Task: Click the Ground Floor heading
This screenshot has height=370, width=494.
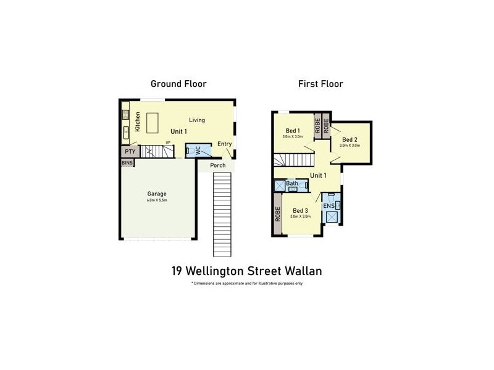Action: tap(179, 84)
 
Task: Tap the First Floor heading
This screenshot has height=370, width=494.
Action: tap(320, 84)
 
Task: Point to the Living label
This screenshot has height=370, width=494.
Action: tap(197, 120)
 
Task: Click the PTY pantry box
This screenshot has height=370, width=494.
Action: tap(130, 150)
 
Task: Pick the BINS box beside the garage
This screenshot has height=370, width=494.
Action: tap(127, 163)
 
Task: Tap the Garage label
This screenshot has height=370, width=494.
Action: tap(157, 194)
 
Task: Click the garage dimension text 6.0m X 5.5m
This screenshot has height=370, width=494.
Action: tap(157, 200)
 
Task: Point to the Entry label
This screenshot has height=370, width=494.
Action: tap(224, 144)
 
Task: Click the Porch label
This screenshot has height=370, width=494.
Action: tap(217, 165)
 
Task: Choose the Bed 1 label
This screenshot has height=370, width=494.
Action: tap(293, 131)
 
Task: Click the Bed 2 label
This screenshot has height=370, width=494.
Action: tap(350, 139)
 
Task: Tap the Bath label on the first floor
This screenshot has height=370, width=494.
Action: tap(292, 184)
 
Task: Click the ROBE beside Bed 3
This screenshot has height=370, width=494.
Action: tap(278, 214)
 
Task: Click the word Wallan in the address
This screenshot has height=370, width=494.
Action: tap(303, 270)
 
